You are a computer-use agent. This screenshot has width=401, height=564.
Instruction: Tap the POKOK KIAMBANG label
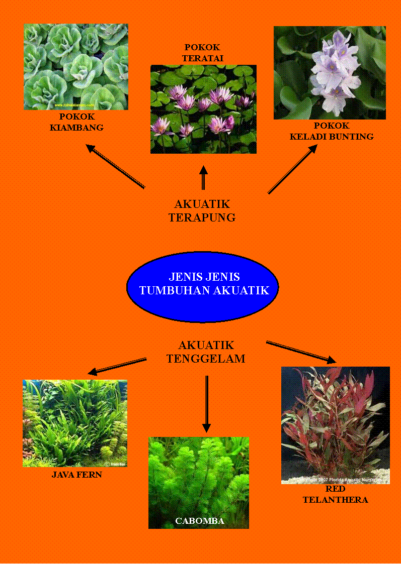pos(76,122)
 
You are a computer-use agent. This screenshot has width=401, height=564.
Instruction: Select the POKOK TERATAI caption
pos(203,53)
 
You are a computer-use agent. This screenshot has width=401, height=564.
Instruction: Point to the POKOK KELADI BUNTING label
pos(332,131)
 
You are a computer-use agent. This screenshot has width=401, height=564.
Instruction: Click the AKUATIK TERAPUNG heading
pos(202,211)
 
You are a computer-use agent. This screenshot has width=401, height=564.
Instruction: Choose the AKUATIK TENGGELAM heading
pos(206,352)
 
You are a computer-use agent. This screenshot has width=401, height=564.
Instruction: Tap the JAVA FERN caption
pos(77,475)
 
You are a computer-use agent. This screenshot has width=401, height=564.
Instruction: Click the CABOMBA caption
pos(199,521)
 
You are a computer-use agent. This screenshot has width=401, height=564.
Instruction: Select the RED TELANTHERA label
pos(335,494)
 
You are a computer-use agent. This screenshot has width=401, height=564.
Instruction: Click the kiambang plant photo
pos(76,67)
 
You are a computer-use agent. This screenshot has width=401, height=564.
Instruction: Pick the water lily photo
pos(203,109)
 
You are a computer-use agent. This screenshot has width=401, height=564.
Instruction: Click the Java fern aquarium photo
pos(75,423)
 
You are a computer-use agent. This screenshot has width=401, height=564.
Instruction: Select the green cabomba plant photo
pos(199,477)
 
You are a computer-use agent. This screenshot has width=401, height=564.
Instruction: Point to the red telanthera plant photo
pos(335,425)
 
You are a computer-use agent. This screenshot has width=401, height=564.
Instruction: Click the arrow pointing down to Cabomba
pos(206,404)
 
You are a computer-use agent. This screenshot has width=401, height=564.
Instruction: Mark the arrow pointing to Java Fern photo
pos(117,367)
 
